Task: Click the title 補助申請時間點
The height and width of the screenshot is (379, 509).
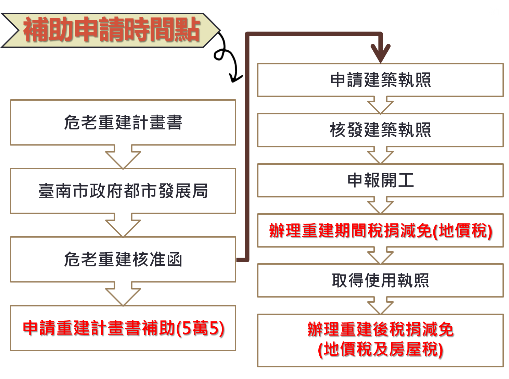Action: [111, 30]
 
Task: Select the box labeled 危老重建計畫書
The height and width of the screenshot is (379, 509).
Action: [123, 123]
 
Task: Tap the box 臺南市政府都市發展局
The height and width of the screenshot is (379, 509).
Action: [123, 191]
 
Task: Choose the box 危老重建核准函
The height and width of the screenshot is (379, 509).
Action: [123, 260]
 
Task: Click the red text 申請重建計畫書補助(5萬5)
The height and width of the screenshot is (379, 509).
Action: [123, 328]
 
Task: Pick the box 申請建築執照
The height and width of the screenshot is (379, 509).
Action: [380, 80]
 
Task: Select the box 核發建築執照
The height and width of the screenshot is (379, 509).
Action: [380, 130]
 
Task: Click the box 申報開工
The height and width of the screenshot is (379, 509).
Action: [380, 180]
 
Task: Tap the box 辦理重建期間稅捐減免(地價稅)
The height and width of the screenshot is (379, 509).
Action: [380, 230]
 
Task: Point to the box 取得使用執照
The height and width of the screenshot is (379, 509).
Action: [380, 280]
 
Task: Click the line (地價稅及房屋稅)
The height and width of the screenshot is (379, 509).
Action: [380, 350]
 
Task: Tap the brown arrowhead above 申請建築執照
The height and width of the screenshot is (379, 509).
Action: [380, 53]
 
